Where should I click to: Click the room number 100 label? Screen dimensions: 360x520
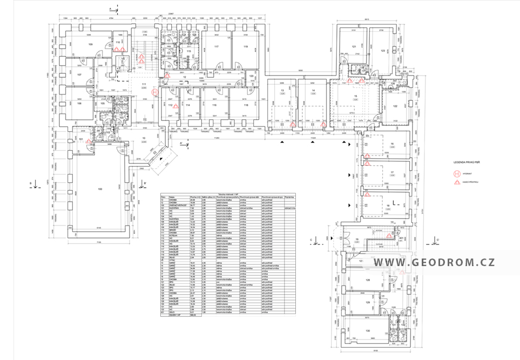[99, 189]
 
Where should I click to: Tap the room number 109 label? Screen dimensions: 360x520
[91, 44]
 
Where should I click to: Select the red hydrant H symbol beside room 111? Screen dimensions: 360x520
[156, 93]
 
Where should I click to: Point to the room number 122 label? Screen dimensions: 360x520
[395, 106]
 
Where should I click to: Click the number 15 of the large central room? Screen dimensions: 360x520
[355, 96]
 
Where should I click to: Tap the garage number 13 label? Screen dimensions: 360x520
[282, 90]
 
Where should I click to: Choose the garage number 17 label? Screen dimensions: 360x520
[392, 172]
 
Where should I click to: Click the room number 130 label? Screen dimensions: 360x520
[367, 330]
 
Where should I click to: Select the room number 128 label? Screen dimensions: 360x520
[367, 280]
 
